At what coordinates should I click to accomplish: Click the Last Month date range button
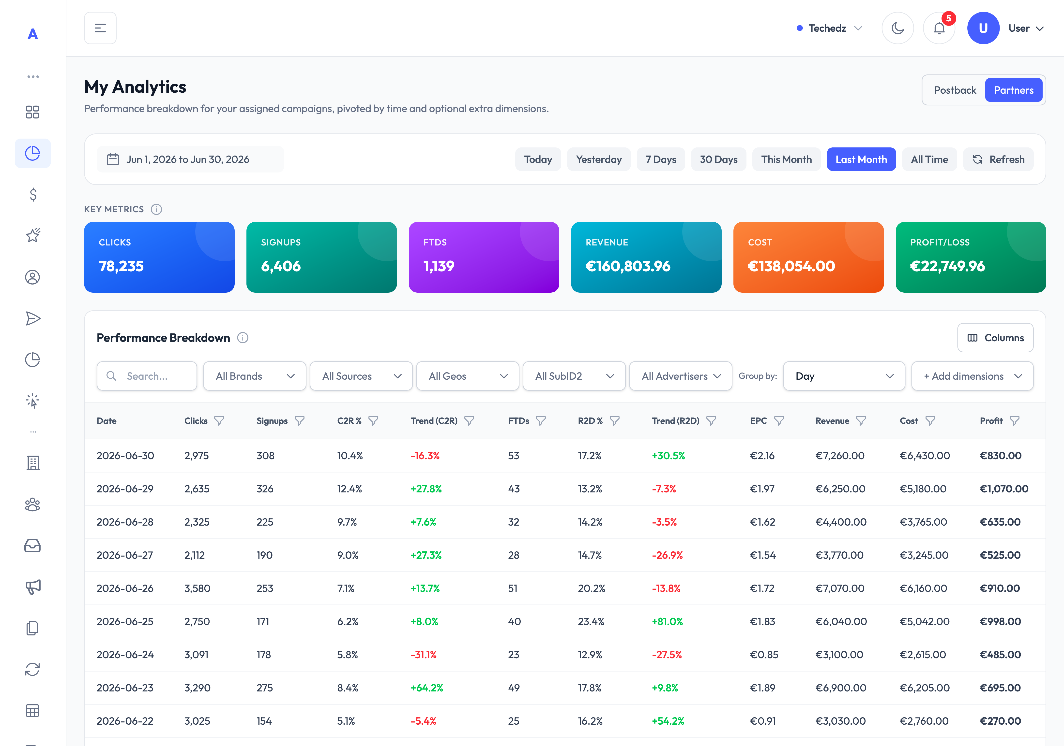(861, 159)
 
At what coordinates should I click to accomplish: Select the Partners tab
(1014, 90)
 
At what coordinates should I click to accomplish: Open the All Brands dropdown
(254, 376)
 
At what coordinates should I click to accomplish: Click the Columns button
(995, 338)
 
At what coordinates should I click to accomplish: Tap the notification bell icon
(939, 28)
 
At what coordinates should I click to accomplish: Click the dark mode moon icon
(898, 28)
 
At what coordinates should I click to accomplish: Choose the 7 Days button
(661, 159)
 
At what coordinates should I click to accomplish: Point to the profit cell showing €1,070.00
(1004, 488)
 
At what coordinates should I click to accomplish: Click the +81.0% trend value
(667, 621)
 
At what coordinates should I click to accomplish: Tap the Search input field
(147, 376)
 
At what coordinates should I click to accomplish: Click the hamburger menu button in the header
(100, 28)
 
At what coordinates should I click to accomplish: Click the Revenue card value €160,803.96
(628, 266)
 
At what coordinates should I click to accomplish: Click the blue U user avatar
(983, 28)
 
